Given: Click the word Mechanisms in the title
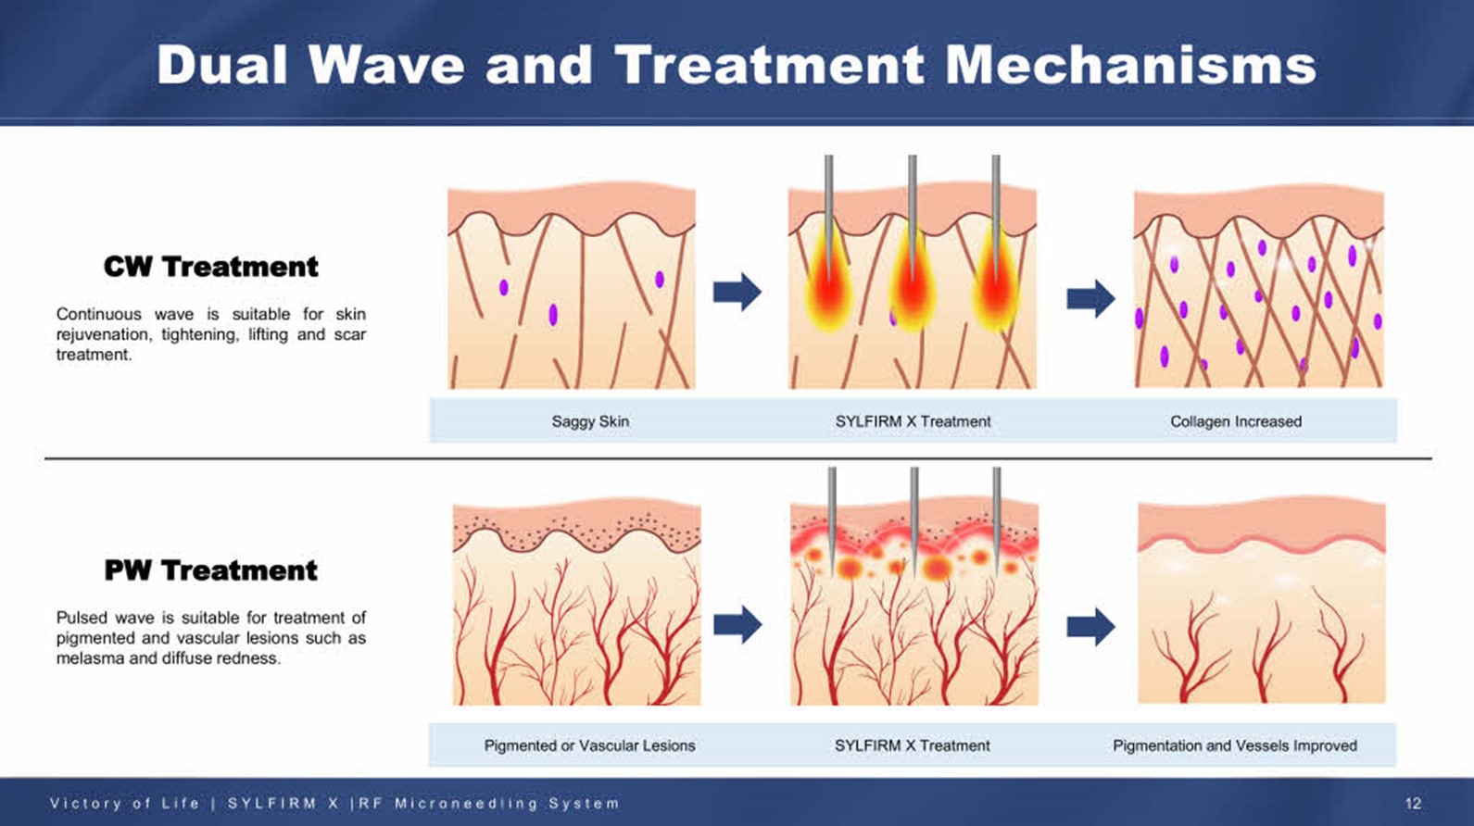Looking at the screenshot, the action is coord(1130,66).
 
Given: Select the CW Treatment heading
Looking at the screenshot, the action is coord(210,267).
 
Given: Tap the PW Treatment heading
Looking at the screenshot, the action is coord(210,570).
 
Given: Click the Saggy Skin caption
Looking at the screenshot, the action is coord(590,421).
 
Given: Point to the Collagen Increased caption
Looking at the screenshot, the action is coord(1236,421).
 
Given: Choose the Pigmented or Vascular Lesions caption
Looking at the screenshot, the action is coord(589,745).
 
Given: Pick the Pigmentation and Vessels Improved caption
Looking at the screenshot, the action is coord(1234,745).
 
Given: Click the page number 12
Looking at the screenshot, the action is coord(1413,804).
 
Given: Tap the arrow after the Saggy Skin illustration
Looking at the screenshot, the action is coord(737,292).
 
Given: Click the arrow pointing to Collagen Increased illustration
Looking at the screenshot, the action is coord(1090,298).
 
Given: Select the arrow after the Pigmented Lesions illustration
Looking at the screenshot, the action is coord(737,623).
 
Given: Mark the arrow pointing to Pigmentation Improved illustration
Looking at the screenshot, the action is coord(1090,626).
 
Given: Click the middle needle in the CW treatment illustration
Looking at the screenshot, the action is coord(912,217).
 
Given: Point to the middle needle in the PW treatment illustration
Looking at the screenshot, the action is coord(914,520).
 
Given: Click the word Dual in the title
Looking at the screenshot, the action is coord(222,66).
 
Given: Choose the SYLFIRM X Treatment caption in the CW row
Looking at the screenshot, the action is coord(913,421).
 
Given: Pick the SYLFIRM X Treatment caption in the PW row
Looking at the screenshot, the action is coord(912,745).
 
